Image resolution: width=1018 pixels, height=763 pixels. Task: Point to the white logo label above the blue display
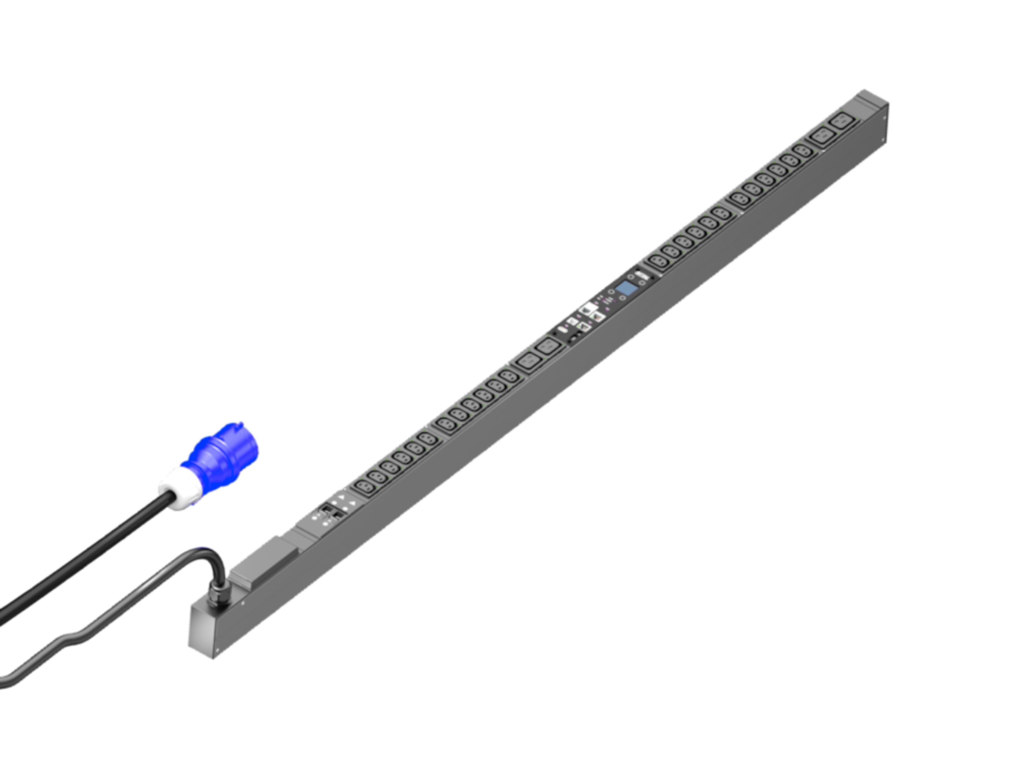[640, 276]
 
